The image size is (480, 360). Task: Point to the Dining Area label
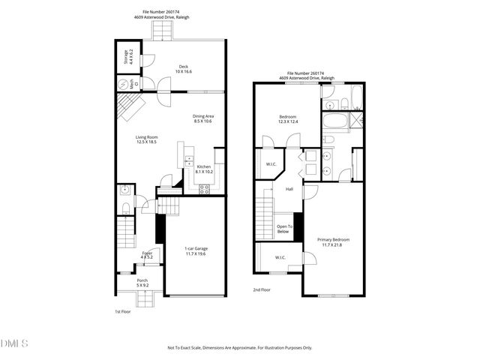202,116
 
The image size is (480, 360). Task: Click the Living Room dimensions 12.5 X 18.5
146,142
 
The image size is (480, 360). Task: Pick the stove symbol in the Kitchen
203,187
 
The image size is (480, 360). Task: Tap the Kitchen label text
204,166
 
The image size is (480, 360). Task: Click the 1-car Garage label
195,249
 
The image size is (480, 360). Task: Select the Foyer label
147,253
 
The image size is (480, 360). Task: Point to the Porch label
142,280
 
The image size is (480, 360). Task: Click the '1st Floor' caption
123,311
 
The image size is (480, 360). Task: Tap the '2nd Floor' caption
262,289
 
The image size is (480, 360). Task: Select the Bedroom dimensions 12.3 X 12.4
288,122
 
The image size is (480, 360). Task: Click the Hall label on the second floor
289,188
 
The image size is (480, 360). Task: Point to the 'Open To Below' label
284,229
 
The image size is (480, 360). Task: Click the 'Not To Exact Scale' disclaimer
239,347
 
